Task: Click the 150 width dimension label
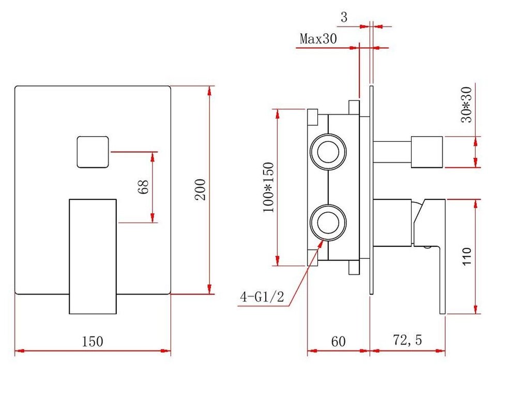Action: (x=93, y=341)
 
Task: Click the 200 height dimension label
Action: (x=200, y=189)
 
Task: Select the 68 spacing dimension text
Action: (x=144, y=187)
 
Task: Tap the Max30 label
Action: (x=318, y=39)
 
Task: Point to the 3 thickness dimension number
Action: (x=344, y=17)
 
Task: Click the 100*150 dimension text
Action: (x=268, y=187)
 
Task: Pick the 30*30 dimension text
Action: (x=466, y=105)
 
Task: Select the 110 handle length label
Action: (x=467, y=256)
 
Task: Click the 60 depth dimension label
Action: (x=338, y=342)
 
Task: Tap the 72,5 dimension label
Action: (x=407, y=340)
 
